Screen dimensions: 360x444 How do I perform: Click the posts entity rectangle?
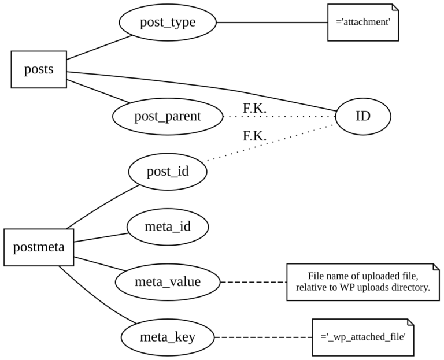point(39,69)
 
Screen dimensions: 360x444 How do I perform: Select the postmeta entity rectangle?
point(39,247)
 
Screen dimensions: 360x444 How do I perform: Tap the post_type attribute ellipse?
point(168,23)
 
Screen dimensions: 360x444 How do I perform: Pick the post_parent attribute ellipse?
point(168,116)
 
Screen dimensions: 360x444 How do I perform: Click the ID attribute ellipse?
point(362,116)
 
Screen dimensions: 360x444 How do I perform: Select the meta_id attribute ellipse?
point(168,226)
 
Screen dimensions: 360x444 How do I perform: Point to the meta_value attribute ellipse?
point(168,282)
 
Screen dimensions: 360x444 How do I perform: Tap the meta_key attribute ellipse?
point(168,337)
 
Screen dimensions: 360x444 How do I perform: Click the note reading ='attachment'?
point(362,23)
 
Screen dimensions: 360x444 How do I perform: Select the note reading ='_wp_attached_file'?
point(362,337)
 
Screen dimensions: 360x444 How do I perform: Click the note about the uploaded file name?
point(362,282)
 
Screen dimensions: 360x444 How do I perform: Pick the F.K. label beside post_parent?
point(254,108)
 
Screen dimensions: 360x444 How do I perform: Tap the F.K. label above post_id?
point(254,136)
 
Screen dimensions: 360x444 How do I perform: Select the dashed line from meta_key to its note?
point(263,337)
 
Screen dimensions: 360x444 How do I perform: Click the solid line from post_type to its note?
point(272,23)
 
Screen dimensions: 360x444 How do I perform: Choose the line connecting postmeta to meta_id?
point(101,237)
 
